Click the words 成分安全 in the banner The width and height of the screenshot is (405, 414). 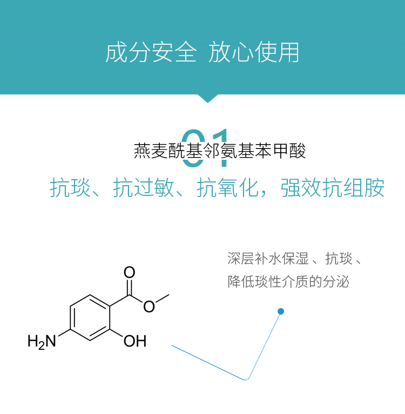click(151, 53)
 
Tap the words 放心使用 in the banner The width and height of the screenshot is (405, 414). click(254, 53)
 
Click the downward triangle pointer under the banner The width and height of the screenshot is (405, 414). click(207, 98)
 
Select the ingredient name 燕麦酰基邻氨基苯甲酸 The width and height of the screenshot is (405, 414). click(220, 151)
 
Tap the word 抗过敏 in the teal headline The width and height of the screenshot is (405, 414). click(144, 187)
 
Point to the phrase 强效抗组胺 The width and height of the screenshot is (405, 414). click(333, 187)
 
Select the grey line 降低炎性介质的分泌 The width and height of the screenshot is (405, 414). click(288, 282)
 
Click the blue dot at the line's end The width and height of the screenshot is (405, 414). click(281, 311)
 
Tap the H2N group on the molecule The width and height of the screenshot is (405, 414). click(42, 341)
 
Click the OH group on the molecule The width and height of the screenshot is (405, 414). click(134, 341)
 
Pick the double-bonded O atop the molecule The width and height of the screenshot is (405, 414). click(130, 272)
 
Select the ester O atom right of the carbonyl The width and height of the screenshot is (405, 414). click(149, 307)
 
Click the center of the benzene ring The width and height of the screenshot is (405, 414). click(91, 318)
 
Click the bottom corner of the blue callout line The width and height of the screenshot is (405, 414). click(247, 379)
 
